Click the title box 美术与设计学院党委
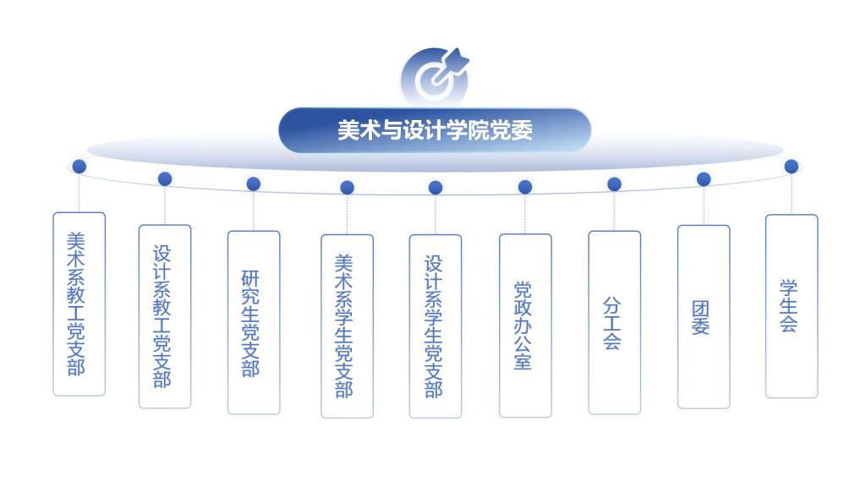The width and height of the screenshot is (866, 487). pos(435,130)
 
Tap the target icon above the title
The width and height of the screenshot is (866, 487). pos(435,77)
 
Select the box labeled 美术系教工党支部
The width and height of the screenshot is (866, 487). pos(79,304)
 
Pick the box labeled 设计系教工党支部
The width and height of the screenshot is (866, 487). pos(165,316)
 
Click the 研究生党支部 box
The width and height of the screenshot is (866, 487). pos(254,322)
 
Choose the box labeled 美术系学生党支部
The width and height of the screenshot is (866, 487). pos(347,326)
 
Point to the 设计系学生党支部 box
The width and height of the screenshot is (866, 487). pos(436,326)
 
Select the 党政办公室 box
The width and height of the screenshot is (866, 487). pos(525,326)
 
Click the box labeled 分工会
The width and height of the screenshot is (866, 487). pos(614,322)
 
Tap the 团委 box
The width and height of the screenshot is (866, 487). pos(704,317)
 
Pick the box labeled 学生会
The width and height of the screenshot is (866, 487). pos(792,306)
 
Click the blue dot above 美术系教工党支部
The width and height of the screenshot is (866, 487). pos(79,167)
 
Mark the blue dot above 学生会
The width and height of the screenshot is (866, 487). pos(792,167)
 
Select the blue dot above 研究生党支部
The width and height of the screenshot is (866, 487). pos(254,183)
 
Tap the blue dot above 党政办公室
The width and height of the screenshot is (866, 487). pos(525,187)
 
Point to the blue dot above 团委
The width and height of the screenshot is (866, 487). pos(704,179)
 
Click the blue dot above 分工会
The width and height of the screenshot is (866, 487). pos(614,183)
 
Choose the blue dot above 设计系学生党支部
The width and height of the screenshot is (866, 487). pos(436,188)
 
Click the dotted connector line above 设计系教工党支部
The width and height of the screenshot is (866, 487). pos(165,205)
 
